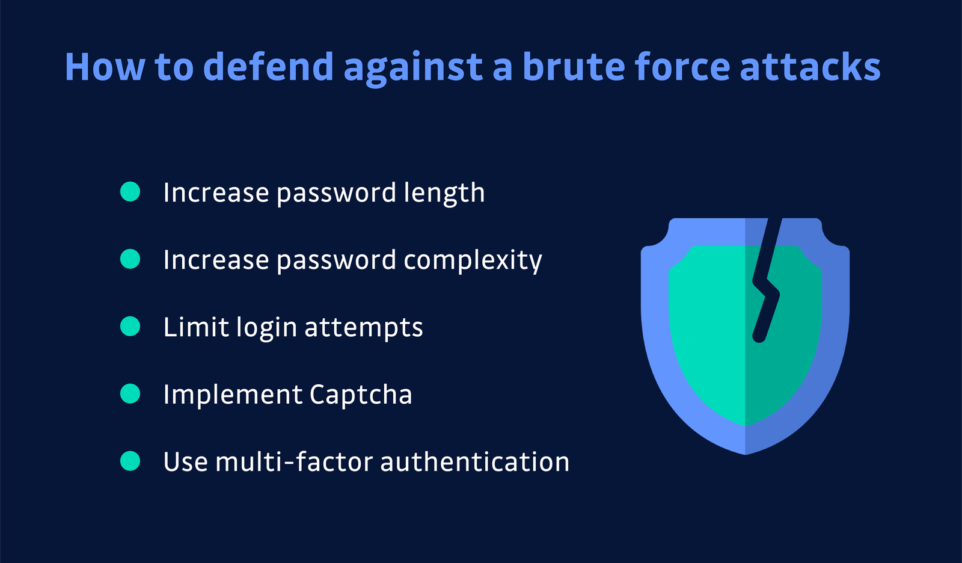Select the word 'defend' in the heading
[268, 66]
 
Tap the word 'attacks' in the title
[810, 66]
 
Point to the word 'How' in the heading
[105, 66]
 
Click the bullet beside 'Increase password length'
[130, 192]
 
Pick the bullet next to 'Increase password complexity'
[130, 259]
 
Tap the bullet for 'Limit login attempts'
[130, 327]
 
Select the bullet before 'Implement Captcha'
[130, 394]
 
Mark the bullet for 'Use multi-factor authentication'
[130, 461]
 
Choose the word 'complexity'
[473, 261]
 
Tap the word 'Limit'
[196, 327]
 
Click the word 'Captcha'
[361, 395]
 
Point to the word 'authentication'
[474, 462]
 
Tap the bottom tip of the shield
[746, 452]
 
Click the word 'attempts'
[363, 328]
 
